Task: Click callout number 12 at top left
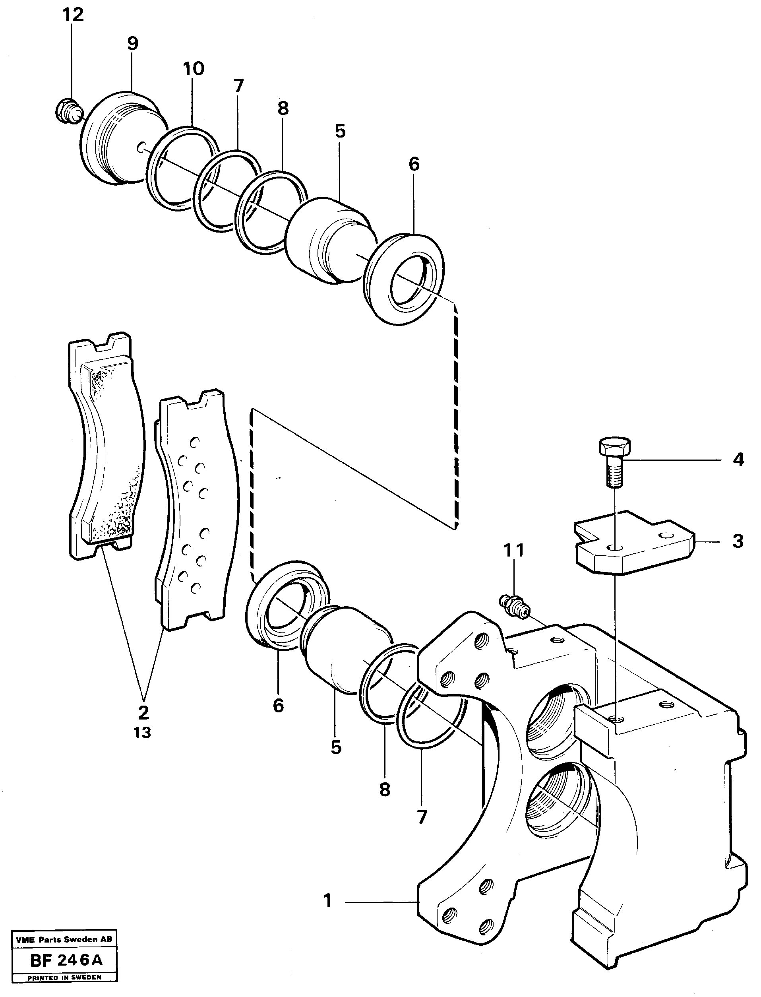[x=73, y=15]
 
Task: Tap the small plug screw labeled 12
[x=68, y=110]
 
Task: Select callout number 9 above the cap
[x=132, y=44]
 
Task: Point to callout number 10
[x=194, y=69]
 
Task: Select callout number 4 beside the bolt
[x=738, y=460]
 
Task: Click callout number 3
[x=738, y=541]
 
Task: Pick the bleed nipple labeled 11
[x=515, y=605]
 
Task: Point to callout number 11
[x=514, y=550]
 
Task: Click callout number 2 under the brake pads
[x=143, y=712]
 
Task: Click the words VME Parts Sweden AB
[x=64, y=939]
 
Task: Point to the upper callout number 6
[x=414, y=164]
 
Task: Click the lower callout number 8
[x=385, y=790]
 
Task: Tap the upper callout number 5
[x=340, y=132]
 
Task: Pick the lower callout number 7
[x=422, y=817]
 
